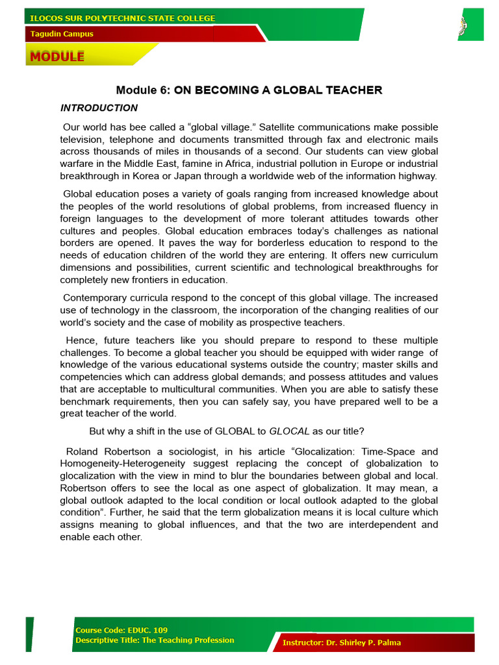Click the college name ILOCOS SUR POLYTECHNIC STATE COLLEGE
coord(123,18)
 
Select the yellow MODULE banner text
coord(57,56)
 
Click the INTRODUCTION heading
coord(99,108)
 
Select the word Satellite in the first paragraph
coord(280,127)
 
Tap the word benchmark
coord(88,401)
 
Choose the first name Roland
coord(83,451)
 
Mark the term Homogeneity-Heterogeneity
coord(123,464)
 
